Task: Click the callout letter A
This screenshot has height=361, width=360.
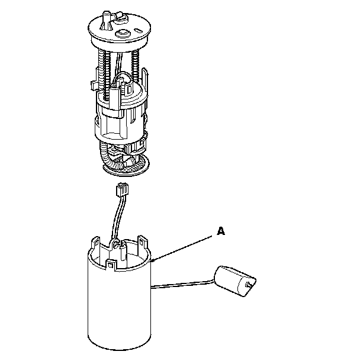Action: point(221,231)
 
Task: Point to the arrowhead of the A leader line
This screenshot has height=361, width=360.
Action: point(153,260)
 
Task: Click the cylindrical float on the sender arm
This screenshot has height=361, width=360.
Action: point(235,281)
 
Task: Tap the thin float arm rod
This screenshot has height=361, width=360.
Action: point(182,284)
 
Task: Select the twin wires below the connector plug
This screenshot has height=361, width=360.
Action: point(117,217)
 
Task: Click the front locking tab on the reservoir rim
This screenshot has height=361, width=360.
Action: point(111,265)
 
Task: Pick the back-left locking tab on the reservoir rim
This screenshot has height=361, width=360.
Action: point(96,243)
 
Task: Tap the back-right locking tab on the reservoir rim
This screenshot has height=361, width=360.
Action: point(143,243)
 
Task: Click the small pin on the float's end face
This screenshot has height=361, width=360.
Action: point(249,285)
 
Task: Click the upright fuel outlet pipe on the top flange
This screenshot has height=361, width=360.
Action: point(106,20)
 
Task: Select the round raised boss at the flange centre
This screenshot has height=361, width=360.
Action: point(122,34)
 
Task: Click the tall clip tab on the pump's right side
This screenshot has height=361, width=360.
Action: point(144,78)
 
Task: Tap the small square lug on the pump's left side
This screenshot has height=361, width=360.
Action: point(94,85)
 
